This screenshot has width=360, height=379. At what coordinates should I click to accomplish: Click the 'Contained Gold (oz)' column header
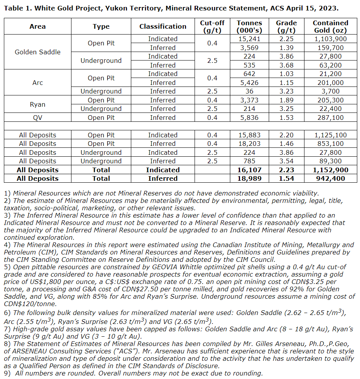coord(330,26)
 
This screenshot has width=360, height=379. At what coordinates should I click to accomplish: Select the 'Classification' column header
coord(163,26)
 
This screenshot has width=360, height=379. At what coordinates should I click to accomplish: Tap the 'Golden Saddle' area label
coord(38,52)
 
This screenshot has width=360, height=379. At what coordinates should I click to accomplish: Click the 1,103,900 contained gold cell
coord(330,39)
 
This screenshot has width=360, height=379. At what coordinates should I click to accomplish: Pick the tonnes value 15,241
coord(249,39)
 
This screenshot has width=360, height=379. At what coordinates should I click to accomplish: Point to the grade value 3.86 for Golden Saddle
coord(286,56)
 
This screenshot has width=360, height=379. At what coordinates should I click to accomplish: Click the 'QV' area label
coord(38,118)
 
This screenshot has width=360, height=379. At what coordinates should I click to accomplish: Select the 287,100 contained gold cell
coord(330,118)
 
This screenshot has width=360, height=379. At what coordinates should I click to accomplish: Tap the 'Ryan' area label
coord(38,104)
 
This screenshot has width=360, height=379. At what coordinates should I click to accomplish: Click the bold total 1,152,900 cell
coord(330,170)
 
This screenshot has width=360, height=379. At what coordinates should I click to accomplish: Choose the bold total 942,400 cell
coord(330,178)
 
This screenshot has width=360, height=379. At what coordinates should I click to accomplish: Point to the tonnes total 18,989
coord(249,178)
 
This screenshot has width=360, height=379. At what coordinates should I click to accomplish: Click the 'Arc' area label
coord(38,83)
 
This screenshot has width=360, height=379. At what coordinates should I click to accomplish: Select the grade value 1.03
coord(286,74)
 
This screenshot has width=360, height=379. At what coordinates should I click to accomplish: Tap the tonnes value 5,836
coord(249,118)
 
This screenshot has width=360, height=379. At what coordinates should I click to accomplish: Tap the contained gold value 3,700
coord(330,91)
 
